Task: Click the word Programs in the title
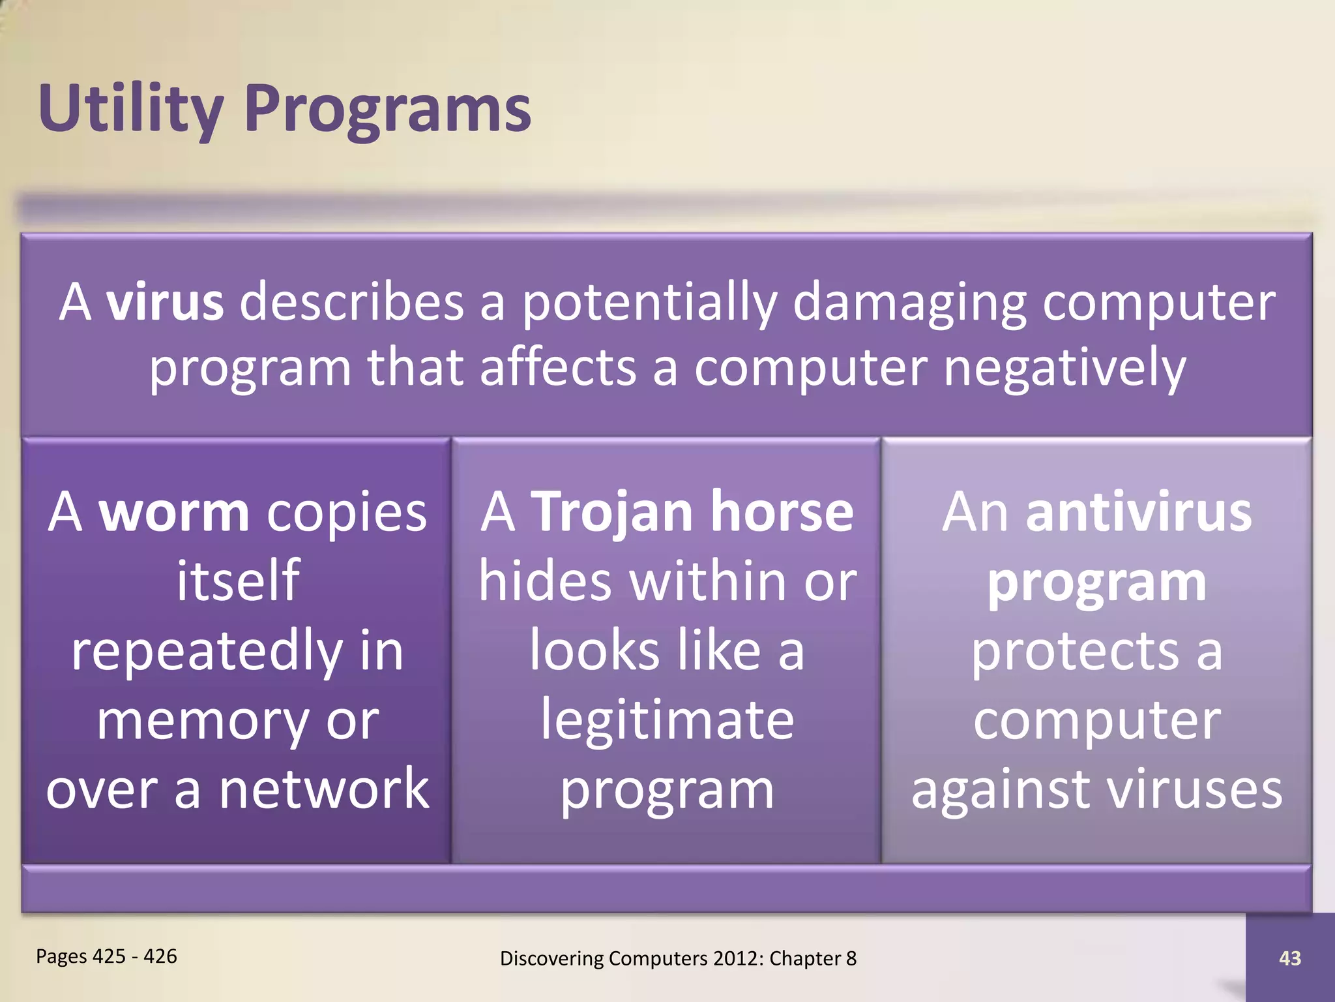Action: click(388, 110)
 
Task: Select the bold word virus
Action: click(165, 302)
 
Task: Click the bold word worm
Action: click(173, 512)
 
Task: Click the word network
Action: click(324, 789)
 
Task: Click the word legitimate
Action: click(667, 721)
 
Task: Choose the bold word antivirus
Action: click(1138, 512)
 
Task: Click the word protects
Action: click(1076, 652)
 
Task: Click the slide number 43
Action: click(1290, 958)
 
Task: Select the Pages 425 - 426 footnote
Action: click(106, 956)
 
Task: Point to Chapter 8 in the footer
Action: click(812, 958)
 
